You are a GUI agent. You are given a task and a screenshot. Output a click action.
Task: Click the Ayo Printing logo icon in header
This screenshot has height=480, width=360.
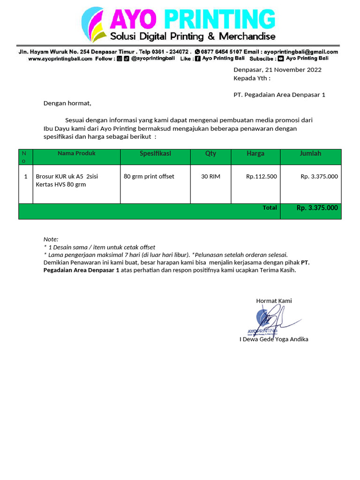tap(94, 24)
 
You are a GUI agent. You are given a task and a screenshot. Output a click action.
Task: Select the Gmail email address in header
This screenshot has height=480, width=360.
tap(300, 52)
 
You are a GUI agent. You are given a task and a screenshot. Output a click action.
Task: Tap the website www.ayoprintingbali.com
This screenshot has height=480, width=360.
tap(60, 59)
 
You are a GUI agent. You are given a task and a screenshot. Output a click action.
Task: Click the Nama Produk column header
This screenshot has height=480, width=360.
tap(76, 153)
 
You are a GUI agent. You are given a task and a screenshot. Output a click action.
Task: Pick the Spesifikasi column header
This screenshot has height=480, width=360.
tap(155, 153)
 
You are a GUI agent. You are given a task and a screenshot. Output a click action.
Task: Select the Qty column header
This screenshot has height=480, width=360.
tap(210, 153)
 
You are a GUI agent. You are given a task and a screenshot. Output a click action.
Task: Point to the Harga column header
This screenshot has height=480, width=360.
tap(255, 153)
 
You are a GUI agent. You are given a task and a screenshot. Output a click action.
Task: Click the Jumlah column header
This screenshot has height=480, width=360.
tap(310, 153)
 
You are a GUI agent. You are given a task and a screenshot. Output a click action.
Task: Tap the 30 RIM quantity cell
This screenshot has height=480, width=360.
tap(210, 176)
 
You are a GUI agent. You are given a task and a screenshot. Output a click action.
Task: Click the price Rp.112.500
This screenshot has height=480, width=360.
tap(261, 176)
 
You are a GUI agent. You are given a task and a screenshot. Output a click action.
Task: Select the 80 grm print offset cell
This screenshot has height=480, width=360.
tap(149, 176)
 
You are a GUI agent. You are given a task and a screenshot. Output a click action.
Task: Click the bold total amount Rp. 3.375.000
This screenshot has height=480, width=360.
tap(317, 208)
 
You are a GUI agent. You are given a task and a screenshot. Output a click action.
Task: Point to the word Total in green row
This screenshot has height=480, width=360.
tap(270, 207)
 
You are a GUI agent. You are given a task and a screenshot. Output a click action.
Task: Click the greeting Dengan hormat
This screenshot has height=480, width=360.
tap(67, 103)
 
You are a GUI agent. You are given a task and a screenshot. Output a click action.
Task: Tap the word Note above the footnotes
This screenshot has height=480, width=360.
tap(51, 239)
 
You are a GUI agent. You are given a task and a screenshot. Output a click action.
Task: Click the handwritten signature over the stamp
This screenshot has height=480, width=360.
tap(274, 319)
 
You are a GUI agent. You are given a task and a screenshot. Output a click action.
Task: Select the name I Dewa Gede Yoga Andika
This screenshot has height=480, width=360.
tap(274, 339)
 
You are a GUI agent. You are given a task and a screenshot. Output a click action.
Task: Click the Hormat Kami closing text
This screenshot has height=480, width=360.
tap(274, 300)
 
